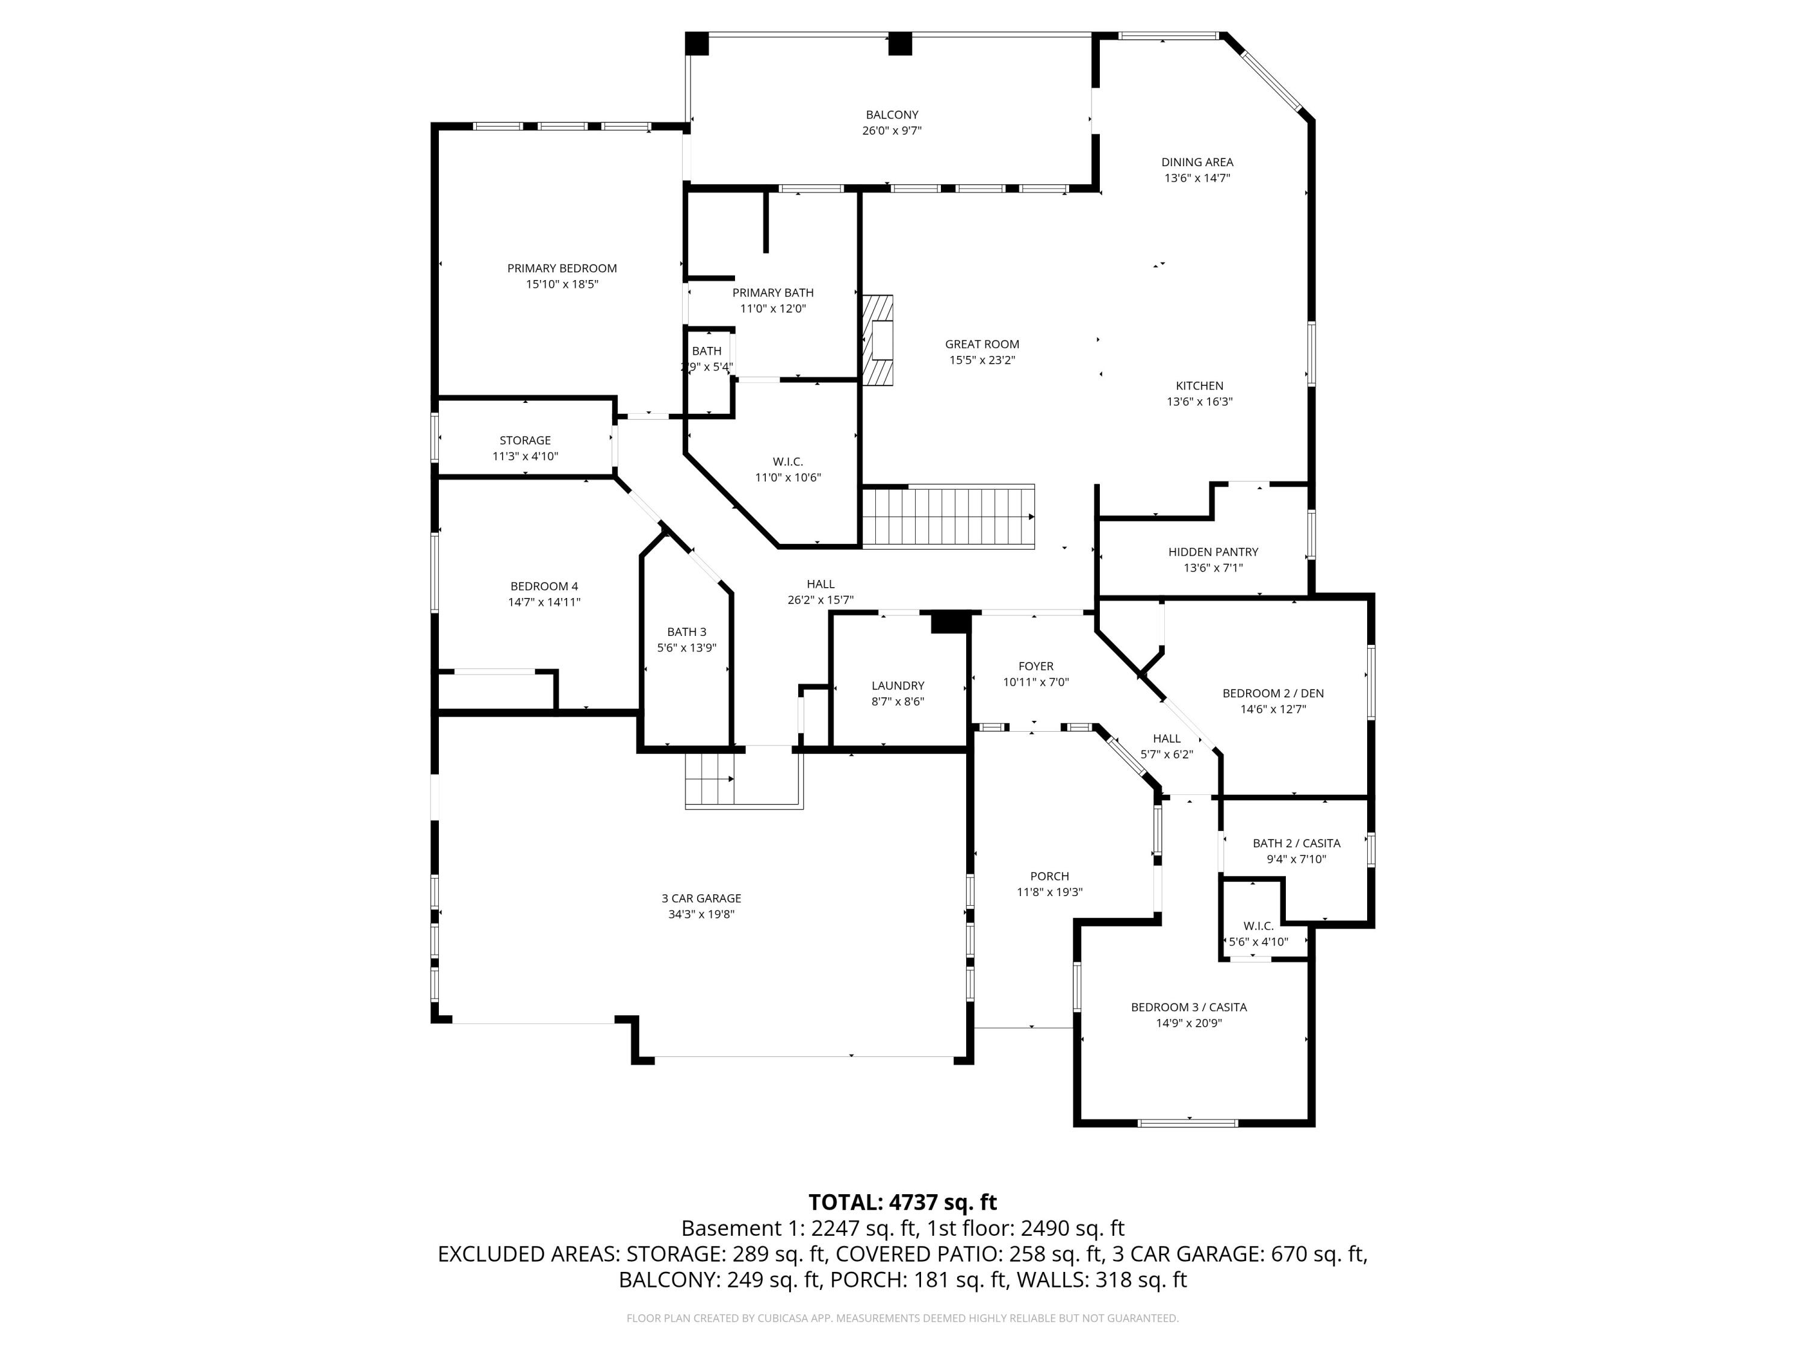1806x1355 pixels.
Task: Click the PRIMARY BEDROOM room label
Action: point(562,268)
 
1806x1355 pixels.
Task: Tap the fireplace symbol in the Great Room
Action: point(878,340)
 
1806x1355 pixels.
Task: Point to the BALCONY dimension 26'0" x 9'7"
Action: point(892,131)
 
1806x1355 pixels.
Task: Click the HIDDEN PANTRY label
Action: point(1212,552)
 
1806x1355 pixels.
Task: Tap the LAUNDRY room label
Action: point(898,685)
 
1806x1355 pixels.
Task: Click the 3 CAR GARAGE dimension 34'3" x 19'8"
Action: point(701,914)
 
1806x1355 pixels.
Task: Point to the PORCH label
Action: point(1049,876)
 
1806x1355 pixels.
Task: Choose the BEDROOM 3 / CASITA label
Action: point(1188,1007)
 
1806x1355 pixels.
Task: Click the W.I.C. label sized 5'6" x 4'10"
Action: point(1258,926)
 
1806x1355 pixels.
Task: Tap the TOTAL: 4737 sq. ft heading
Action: point(902,1202)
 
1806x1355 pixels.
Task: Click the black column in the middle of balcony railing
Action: point(900,43)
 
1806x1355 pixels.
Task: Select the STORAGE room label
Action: point(525,440)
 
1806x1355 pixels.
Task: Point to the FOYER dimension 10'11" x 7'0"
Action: point(1035,682)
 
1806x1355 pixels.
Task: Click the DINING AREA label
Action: point(1197,162)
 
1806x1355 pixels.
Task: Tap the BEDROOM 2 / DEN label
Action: point(1272,693)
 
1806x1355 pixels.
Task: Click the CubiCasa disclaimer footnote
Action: point(902,1318)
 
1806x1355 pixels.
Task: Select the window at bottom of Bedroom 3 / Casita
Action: point(1188,1123)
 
